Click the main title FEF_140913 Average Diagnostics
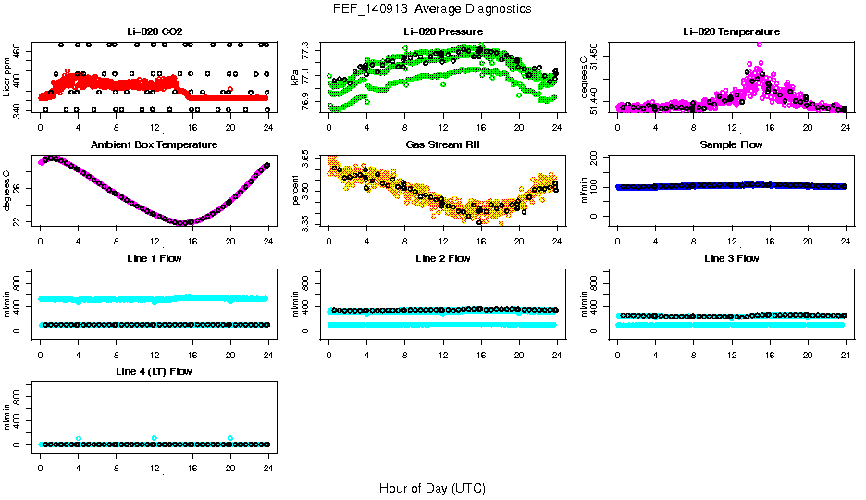[x=433, y=8]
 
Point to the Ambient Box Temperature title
[x=154, y=145]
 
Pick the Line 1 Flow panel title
[x=154, y=258]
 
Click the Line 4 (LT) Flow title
[x=154, y=371]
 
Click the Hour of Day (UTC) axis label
[x=432, y=488]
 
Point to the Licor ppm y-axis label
[x=7, y=77]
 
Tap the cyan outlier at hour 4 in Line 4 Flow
[x=79, y=438]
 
